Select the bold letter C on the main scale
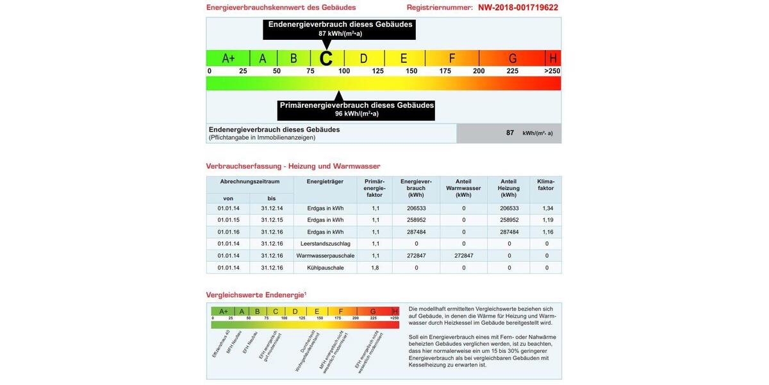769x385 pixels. click(326, 58)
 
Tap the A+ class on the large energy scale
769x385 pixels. click(228, 58)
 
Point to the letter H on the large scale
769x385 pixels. click(552, 58)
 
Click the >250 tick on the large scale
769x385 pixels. click(552, 71)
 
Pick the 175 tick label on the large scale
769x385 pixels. click(445, 71)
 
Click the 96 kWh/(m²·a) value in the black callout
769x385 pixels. click(356, 114)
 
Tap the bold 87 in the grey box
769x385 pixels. click(510, 133)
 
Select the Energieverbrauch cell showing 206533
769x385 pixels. click(416, 209)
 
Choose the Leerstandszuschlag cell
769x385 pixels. click(325, 244)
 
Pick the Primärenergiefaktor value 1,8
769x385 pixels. click(375, 268)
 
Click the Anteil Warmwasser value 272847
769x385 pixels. click(463, 255)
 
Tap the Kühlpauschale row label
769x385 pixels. click(325, 268)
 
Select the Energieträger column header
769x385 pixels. click(325, 182)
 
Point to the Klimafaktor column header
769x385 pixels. click(547, 185)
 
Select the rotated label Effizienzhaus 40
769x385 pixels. click(221, 345)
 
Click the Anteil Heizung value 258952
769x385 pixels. click(509, 220)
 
